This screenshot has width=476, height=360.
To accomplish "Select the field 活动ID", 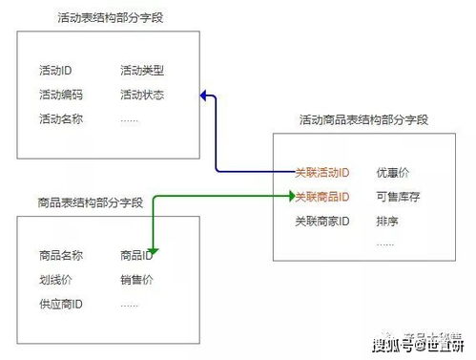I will click(x=58, y=71).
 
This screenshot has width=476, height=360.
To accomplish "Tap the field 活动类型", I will click(x=142, y=71).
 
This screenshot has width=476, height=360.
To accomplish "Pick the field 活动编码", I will click(x=61, y=95).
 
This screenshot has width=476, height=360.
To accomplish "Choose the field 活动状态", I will click(x=142, y=95).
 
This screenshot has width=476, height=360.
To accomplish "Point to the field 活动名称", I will click(x=61, y=119).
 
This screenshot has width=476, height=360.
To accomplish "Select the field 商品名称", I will click(x=61, y=255).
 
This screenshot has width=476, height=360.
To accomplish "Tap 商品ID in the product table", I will click(x=137, y=255).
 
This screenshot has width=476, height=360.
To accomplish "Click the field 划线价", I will click(x=55, y=280).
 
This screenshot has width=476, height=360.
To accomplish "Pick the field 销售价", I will click(x=136, y=280).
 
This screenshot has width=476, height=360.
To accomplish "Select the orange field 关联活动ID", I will click(x=322, y=173).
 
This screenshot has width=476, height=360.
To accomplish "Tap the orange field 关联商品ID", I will click(x=322, y=197).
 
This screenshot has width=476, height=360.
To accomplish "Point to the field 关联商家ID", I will click(x=322, y=222).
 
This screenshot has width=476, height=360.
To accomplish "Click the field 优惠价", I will click(x=393, y=173).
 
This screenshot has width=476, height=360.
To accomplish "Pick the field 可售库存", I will click(x=398, y=197).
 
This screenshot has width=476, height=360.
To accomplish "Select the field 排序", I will click(x=387, y=222).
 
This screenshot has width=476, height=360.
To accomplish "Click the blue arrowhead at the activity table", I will click(x=204, y=94).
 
